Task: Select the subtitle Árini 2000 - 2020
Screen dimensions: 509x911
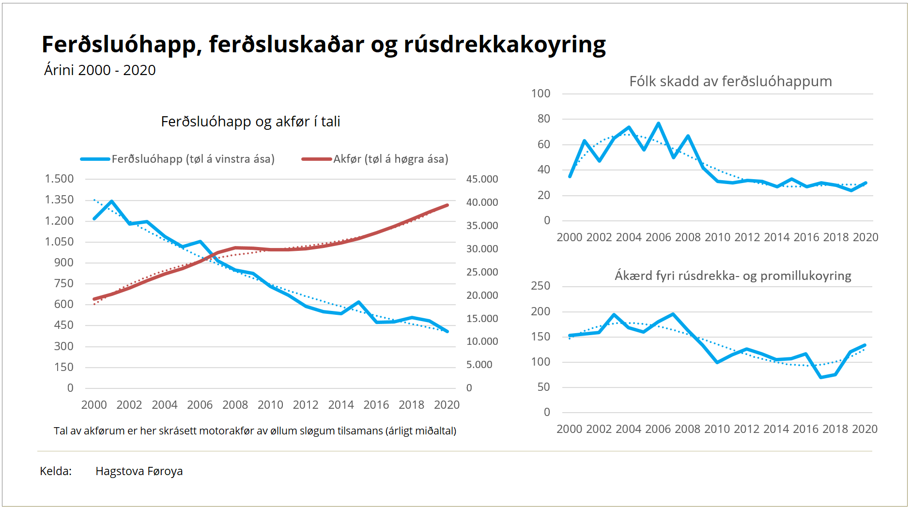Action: pyautogui.click(x=100, y=70)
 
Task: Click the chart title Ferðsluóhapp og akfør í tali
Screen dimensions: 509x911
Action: pyautogui.click(x=250, y=121)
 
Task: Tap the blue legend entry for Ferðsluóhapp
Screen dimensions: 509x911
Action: pyautogui.click(x=177, y=159)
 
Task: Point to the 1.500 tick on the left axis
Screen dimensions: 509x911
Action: pyautogui.click(x=59, y=179)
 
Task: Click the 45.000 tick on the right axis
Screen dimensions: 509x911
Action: pyautogui.click(x=482, y=179)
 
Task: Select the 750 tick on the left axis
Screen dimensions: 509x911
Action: pyautogui.click(x=63, y=283)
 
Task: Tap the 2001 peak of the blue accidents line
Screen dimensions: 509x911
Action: pyautogui.click(x=112, y=201)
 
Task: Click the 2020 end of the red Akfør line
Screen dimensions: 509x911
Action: pyautogui.click(x=447, y=205)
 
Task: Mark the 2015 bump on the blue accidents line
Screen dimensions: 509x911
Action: pyautogui.click(x=359, y=302)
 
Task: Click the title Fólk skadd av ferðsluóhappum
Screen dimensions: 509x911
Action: pyautogui.click(x=730, y=81)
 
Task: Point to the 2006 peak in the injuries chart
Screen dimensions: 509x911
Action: pyautogui.click(x=659, y=123)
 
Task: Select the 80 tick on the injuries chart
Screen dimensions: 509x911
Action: pyautogui.click(x=543, y=119)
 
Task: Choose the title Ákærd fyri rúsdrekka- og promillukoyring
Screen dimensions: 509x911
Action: pyautogui.click(x=733, y=276)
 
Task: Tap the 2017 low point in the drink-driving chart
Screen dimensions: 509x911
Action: pyautogui.click(x=821, y=377)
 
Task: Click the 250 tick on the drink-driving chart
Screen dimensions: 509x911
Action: pyautogui.click(x=540, y=286)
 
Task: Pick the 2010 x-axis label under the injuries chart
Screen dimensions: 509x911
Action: pyautogui.click(x=717, y=237)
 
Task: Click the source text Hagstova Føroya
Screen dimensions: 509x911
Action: pyautogui.click(x=139, y=471)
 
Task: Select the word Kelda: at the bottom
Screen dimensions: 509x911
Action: pyautogui.click(x=56, y=471)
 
